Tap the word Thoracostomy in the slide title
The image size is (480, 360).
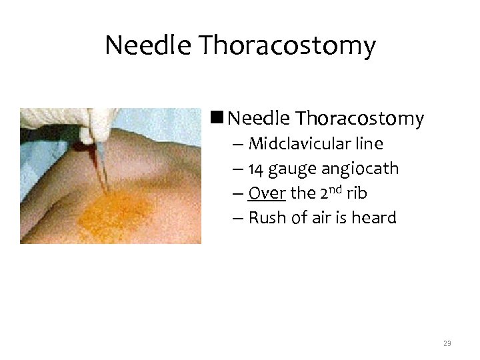click(286, 46)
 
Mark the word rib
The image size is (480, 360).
click(357, 193)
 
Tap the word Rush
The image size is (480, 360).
click(265, 218)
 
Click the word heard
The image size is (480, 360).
click(374, 218)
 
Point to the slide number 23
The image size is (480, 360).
click(447, 343)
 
